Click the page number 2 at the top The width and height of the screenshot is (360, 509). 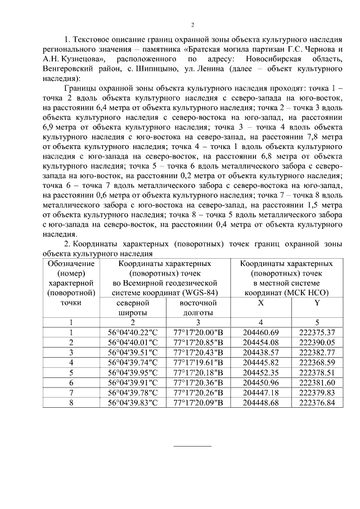(x=192, y=25)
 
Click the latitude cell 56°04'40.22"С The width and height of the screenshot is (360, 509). (x=133, y=332)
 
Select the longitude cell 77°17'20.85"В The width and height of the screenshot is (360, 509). (x=198, y=342)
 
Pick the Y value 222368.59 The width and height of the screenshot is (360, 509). (x=317, y=362)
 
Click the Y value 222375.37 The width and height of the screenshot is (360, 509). (x=317, y=332)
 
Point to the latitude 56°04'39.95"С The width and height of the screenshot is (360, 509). (x=133, y=371)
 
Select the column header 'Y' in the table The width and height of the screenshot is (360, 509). (x=317, y=303)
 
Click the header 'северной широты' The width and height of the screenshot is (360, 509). (x=133, y=308)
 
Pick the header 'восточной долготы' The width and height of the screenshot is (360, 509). (x=198, y=308)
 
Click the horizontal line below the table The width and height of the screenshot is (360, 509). (x=192, y=446)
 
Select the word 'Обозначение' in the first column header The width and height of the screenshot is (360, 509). (x=71, y=263)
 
